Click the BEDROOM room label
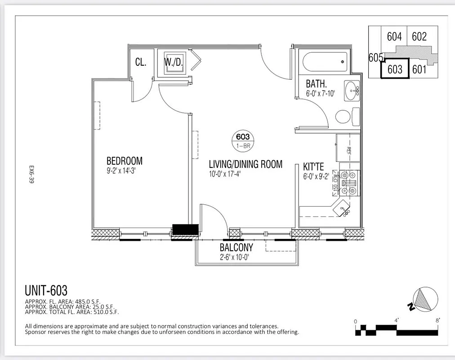[x=124, y=161]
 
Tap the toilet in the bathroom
[x=343, y=116]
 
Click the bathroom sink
[x=351, y=91]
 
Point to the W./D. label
[x=173, y=62]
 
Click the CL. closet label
[x=141, y=62]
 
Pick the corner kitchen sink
[x=343, y=209]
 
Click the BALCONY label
[x=236, y=247]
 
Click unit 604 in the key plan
[x=394, y=36]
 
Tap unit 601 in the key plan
[x=419, y=69]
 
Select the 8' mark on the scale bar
[x=437, y=320]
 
